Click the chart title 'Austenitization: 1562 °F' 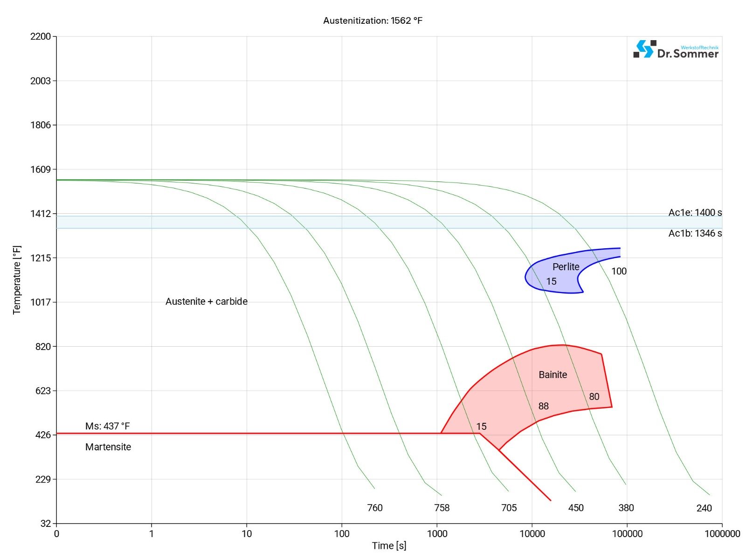[373, 21]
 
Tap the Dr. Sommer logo [676, 49]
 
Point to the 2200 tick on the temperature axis [41, 36]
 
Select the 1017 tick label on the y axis [41, 302]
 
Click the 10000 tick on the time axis [532, 533]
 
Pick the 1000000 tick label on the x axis [722, 533]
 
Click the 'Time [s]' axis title [389, 546]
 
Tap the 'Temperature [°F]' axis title [17, 280]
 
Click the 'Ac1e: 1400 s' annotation [695, 213]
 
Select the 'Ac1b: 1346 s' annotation [695, 233]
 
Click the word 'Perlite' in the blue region [566, 266]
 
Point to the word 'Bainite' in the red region [553, 374]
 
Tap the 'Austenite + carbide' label [207, 301]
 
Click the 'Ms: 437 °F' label [107, 426]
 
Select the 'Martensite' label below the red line [108, 447]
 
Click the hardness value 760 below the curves [375, 508]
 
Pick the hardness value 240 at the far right [704, 508]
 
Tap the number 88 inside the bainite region [544, 406]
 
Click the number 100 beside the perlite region [619, 271]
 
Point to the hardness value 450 [576, 508]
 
